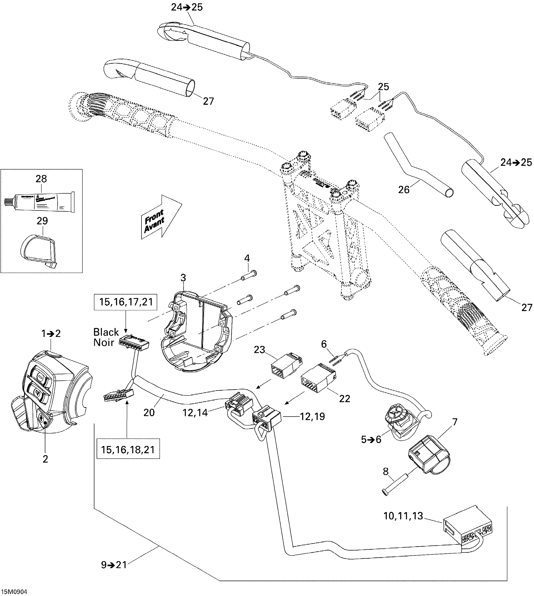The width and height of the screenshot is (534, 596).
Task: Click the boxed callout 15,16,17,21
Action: coord(126,302)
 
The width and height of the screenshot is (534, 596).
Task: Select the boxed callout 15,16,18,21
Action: coord(128,449)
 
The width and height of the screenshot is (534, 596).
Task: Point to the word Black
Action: coord(106,332)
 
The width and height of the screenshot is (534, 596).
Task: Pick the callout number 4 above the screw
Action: coord(247,258)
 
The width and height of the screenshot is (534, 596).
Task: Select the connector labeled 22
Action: coord(318,380)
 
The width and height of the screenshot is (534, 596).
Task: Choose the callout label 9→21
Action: coord(114,565)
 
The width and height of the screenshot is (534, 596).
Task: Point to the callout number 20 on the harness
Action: coord(149,413)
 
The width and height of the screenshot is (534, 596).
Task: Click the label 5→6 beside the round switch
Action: coord(371,439)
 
